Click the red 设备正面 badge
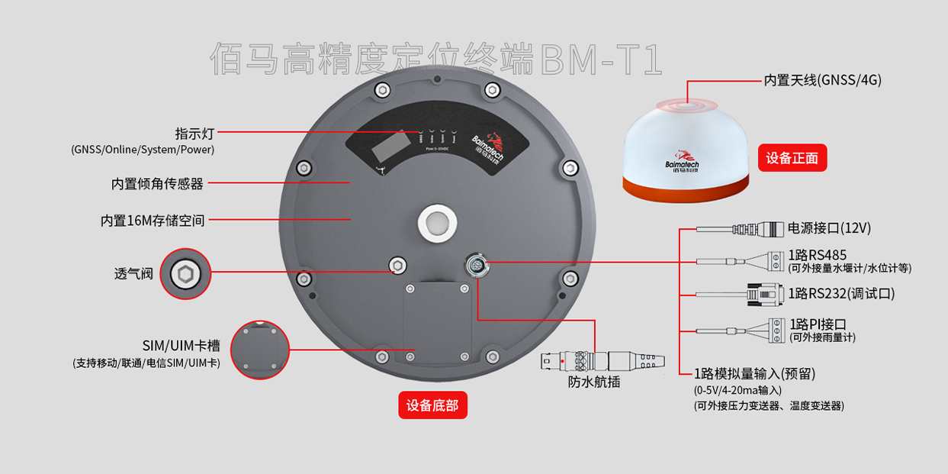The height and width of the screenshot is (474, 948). (792, 158)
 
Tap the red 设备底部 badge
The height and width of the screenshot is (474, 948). (432, 405)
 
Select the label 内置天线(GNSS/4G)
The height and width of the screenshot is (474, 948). (822, 79)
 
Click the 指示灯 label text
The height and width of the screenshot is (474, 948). (194, 134)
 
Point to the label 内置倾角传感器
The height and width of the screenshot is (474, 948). (157, 183)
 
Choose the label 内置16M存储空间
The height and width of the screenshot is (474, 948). (153, 221)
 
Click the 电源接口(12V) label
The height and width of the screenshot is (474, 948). (829, 227)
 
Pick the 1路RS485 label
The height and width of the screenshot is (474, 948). (818, 254)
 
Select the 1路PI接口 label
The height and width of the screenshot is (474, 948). (818, 324)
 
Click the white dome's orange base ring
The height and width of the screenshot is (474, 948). (687, 190)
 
